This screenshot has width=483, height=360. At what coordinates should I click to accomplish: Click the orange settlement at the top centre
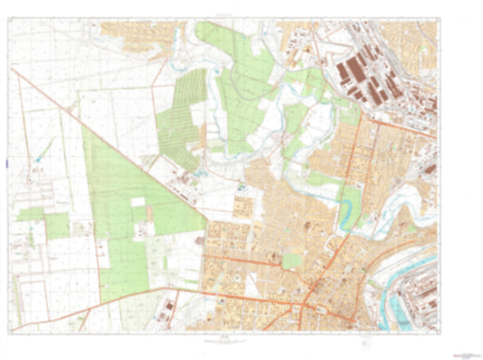tap(136, 32)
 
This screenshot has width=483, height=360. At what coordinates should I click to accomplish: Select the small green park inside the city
tap(292, 260)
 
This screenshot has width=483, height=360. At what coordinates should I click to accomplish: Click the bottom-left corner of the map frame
tap(12, 333)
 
